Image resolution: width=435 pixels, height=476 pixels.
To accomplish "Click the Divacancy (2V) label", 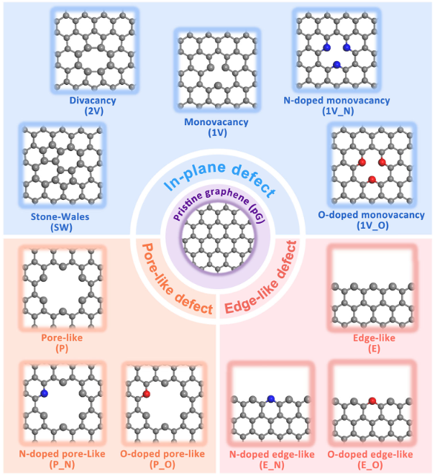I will point(93,106).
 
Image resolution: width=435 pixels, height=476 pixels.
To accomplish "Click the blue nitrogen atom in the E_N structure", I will point(271,399).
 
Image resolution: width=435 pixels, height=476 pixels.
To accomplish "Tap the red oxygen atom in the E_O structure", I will point(372,400).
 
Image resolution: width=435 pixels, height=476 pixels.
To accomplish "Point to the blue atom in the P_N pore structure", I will point(44,393).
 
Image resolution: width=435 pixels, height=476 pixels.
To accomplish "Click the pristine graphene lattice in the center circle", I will point(218,238).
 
